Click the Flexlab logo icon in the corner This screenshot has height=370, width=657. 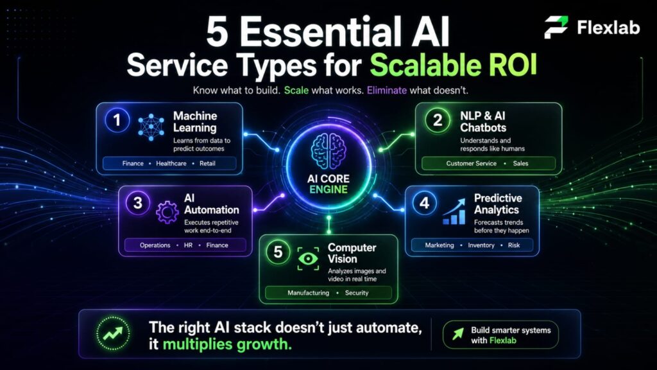pyautogui.click(x=556, y=28)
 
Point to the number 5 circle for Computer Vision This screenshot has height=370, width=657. pyautogui.click(x=278, y=252)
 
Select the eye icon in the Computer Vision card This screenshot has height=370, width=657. pyautogui.click(x=309, y=258)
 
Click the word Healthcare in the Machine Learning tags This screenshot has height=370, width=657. pyautogui.click(x=169, y=164)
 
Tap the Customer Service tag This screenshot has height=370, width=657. pyautogui.click(x=472, y=164)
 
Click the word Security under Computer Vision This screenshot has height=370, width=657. pyautogui.click(x=357, y=293)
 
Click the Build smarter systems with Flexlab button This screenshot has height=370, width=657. pyautogui.click(x=501, y=335)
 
